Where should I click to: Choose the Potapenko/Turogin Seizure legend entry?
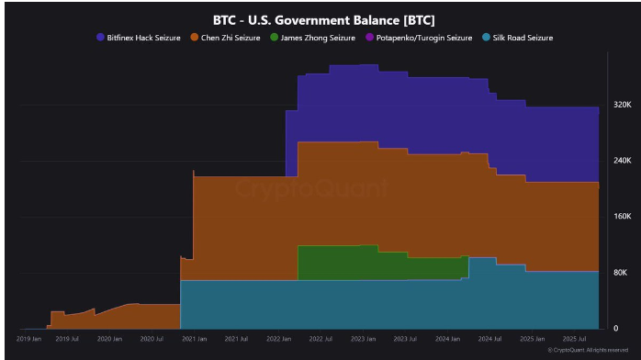click(419, 38)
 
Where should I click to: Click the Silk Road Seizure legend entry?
click(522, 38)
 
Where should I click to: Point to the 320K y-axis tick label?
click(622, 105)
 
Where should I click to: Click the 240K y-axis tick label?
click(622, 161)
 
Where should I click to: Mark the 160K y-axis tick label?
click(622, 217)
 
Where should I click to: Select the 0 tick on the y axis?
click(616, 329)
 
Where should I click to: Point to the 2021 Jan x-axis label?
click(195, 340)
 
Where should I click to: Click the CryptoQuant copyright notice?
click(588, 351)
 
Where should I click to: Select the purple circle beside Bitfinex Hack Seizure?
click(101, 38)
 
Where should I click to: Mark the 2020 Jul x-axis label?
click(152, 340)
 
